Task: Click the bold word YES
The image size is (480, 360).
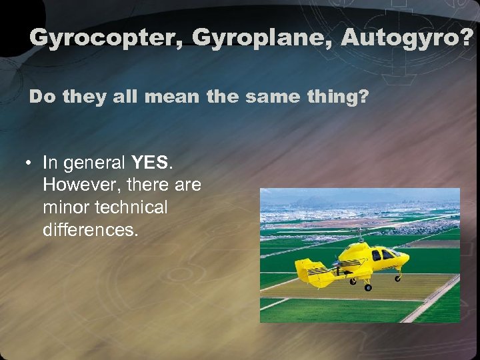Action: pyautogui.click(x=151, y=163)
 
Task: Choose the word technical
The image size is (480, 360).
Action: pyautogui.click(x=133, y=207)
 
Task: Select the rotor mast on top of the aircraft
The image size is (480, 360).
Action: pyautogui.click(x=361, y=237)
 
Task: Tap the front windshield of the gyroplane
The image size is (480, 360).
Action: pyautogui.click(x=395, y=253)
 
